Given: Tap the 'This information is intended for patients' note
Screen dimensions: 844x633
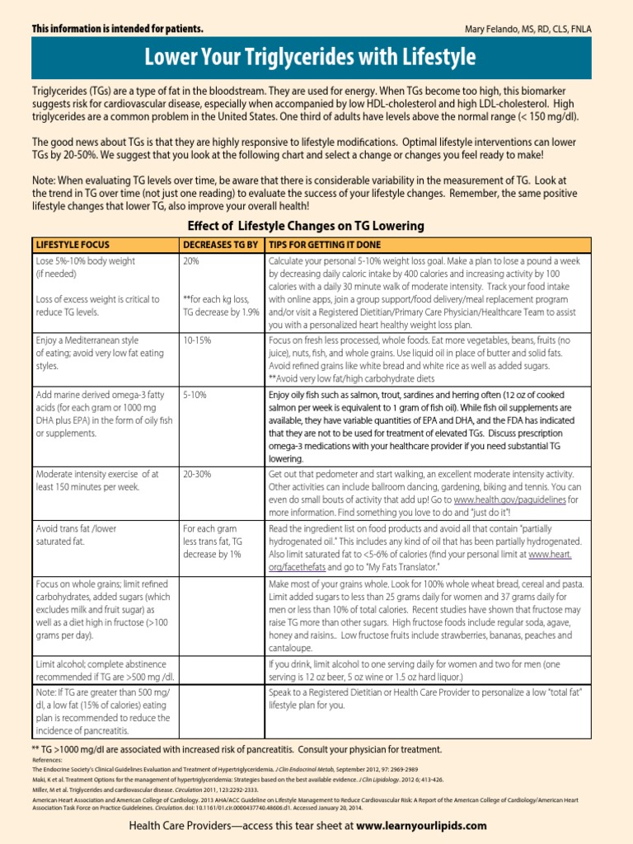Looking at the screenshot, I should click(x=117, y=29).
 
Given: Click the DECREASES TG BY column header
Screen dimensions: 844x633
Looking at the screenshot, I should click(x=220, y=245).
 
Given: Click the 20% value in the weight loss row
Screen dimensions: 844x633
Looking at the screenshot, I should click(x=191, y=260).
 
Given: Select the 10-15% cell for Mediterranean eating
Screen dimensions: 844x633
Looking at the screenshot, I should click(x=196, y=340).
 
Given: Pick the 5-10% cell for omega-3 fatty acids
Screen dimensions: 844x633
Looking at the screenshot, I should click(x=195, y=396).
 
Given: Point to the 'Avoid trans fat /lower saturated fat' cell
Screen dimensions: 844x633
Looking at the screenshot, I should click(x=76, y=535).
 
